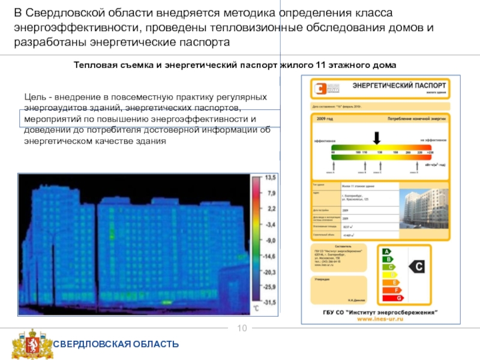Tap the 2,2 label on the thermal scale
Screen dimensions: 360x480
[271, 209]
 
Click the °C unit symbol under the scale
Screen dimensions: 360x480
[256, 308]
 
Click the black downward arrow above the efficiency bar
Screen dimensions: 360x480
[376, 137]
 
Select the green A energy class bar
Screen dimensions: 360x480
[387, 251]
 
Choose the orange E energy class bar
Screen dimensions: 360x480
[393, 282]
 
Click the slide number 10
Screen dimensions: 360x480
[242, 328]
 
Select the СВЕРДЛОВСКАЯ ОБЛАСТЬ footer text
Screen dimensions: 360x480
[117, 344]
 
